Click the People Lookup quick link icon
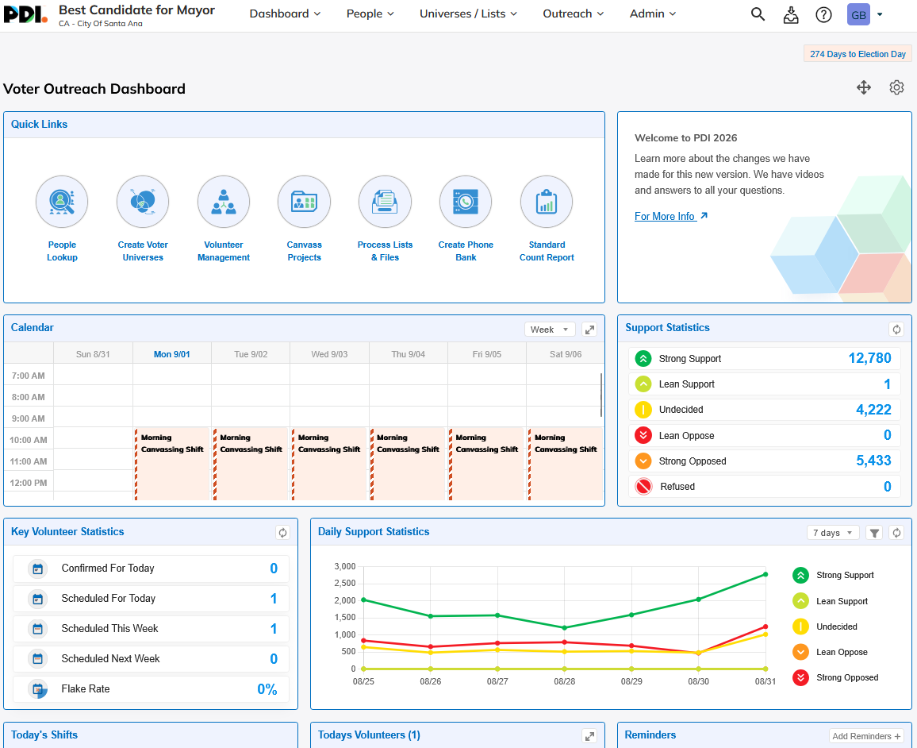[x=62, y=202]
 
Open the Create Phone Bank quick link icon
[x=466, y=202]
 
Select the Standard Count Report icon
[x=547, y=202]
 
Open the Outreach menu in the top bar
[x=573, y=13]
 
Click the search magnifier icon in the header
[x=758, y=14]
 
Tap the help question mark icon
[x=823, y=14]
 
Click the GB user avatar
[x=858, y=14]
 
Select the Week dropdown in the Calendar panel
[x=549, y=330]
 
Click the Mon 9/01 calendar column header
[x=172, y=354]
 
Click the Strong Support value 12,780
[x=869, y=358]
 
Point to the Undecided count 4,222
[x=873, y=410]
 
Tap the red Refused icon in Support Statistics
[x=643, y=487]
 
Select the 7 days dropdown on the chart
[x=833, y=533]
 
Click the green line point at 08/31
[x=765, y=574]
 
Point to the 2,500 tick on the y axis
[x=345, y=583]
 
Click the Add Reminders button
[x=866, y=736]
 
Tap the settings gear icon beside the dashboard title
[x=896, y=88]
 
